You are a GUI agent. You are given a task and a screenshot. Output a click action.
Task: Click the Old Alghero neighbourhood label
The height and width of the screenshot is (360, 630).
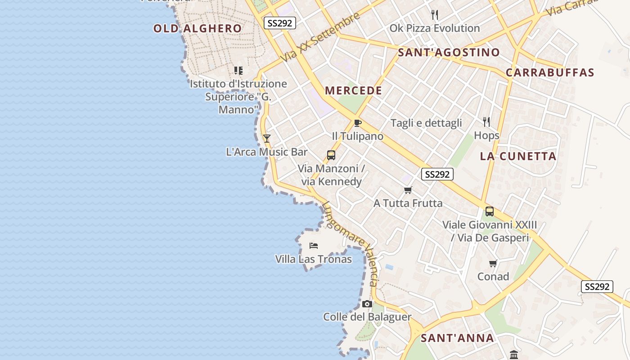coord(198,28)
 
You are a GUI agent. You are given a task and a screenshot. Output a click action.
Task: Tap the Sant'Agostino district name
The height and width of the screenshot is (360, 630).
coord(449,52)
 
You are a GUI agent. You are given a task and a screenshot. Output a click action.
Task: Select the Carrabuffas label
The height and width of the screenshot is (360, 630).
coord(550,72)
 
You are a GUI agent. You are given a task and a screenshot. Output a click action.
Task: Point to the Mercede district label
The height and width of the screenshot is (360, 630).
coord(354,90)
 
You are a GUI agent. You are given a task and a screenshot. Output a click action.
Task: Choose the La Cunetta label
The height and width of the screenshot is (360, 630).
coord(518,156)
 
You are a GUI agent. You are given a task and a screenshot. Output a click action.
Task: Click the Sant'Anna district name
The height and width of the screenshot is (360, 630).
coord(457,338)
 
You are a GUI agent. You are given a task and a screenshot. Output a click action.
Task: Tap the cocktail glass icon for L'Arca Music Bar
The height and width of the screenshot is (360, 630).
coord(267,138)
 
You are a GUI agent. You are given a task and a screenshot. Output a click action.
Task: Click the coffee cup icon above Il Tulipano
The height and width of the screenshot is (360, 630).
coord(358,123)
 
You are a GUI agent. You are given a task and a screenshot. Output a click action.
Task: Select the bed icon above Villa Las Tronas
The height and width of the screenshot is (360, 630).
coord(314,246)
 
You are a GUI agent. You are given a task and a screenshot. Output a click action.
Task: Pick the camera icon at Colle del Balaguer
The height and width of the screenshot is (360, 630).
coord(367,304)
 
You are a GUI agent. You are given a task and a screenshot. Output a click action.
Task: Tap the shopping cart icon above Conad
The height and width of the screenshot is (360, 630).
coord(493,263)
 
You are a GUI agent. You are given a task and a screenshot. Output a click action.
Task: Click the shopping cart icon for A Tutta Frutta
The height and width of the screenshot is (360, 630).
coord(408,190)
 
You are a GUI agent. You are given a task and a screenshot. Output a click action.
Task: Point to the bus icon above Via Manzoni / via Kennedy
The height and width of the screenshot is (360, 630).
coord(331,155)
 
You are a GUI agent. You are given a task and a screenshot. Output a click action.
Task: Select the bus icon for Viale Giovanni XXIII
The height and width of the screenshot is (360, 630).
coord(490,211)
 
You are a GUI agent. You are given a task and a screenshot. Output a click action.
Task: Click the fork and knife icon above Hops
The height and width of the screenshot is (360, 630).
coord(486,121)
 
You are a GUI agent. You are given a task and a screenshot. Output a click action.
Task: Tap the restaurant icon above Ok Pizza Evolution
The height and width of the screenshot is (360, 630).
coord(435,15)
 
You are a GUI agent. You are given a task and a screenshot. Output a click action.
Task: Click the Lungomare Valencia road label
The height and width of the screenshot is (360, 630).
coord(349,243)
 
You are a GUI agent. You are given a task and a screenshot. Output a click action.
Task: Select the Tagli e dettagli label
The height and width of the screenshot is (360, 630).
coord(426,123)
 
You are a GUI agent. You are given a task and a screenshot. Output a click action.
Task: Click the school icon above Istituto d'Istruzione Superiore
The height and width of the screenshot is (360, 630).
coord(238,70)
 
